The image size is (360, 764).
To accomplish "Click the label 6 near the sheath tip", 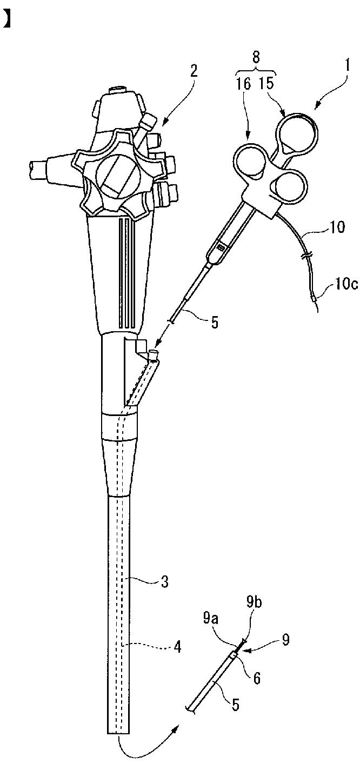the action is [257, 678].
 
